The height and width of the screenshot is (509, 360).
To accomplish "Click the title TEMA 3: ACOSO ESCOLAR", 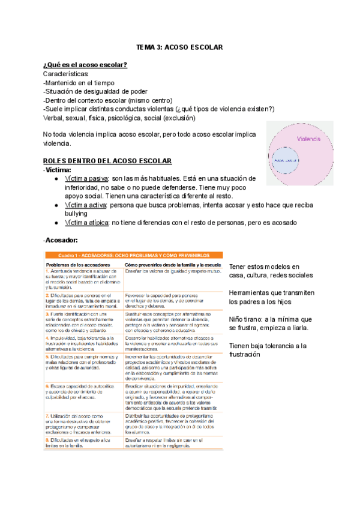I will coord(179,47).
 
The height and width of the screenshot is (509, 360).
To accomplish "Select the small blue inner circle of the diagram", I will coord(302,160).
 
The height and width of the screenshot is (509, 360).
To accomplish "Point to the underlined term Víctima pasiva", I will coord(86,178).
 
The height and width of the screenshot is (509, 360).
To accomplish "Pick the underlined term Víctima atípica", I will coord(86,223).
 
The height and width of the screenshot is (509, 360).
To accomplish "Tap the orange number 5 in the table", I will coord(47,357).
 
